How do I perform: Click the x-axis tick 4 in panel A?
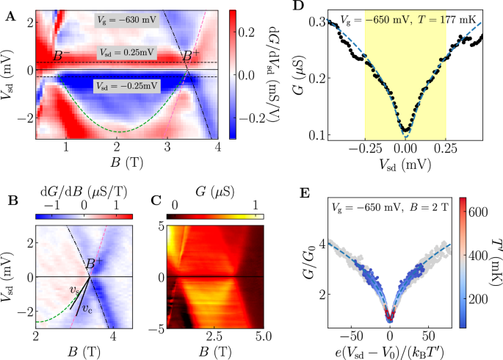coord(218,148)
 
